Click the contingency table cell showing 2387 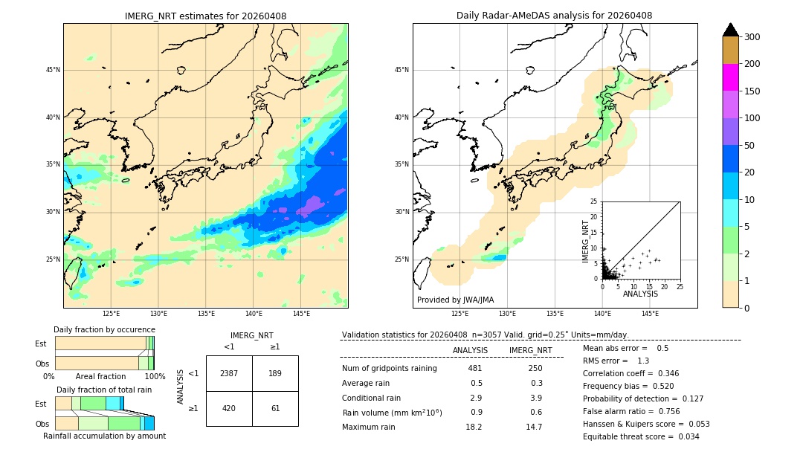pyautogui.click(x=229, y=373)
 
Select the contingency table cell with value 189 pyautogui.click(x=275, y=373)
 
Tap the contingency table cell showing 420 pyautogui.click(x=229, y=407)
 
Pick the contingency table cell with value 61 pyautogui.click(x=275, y=407)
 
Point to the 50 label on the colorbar pyautogui.click(x=751, y=146)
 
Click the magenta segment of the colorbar pyautogui.click(x=731, y=77)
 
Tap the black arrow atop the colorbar pyautogui.click(x=731, y=30)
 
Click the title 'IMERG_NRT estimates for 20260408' pyautogui.click(x=205, y=16)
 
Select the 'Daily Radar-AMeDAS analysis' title pyautogui.click(x=554, y=16)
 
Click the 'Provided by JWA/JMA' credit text pyautogui.click(x=455, y=300)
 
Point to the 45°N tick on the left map pyautogui.click(x=53, y=70)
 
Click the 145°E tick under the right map pyautogui.click(x=650, y=314)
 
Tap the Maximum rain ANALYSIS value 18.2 pyautogui.click(x=474, y=427)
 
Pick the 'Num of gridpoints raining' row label pyautogui.click(x=389, y=369)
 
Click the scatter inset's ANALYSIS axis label pyautogui.click(x=640, y=294)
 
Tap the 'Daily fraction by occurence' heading pyautogui.click(x=104, y=329)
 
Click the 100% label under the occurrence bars pyautogui.click(x=155, y=376)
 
